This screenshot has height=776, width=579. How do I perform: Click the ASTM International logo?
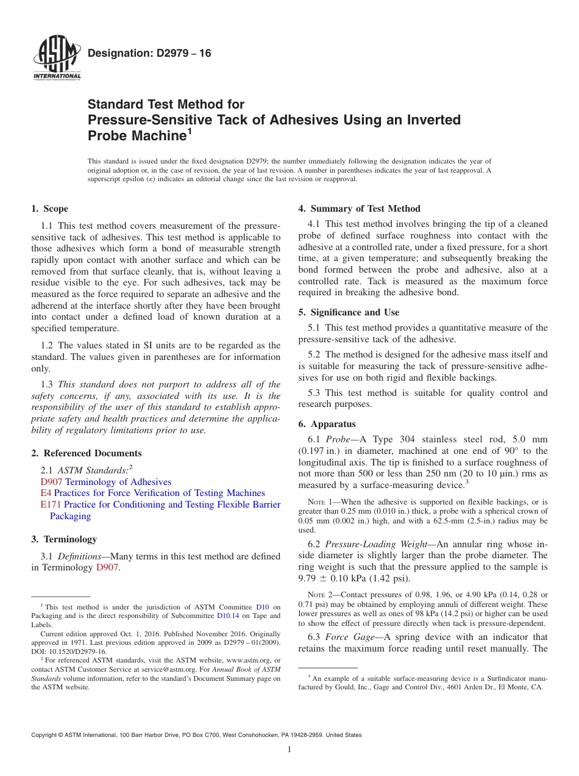tap(56, 59)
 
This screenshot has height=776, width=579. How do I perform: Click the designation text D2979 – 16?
tap(149, 54)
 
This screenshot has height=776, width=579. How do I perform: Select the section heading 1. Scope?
tap(49, 209)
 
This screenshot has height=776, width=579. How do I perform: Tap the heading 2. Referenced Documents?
tap(87, 453)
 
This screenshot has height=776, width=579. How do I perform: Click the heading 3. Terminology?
tap(64, 539)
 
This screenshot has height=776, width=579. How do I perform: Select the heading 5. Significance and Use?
tap(349, 312)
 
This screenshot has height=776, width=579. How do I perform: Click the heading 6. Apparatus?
tap(327, 424)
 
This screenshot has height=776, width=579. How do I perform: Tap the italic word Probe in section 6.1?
tap(338, 440)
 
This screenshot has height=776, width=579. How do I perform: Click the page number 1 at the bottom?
tap(289, 750)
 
